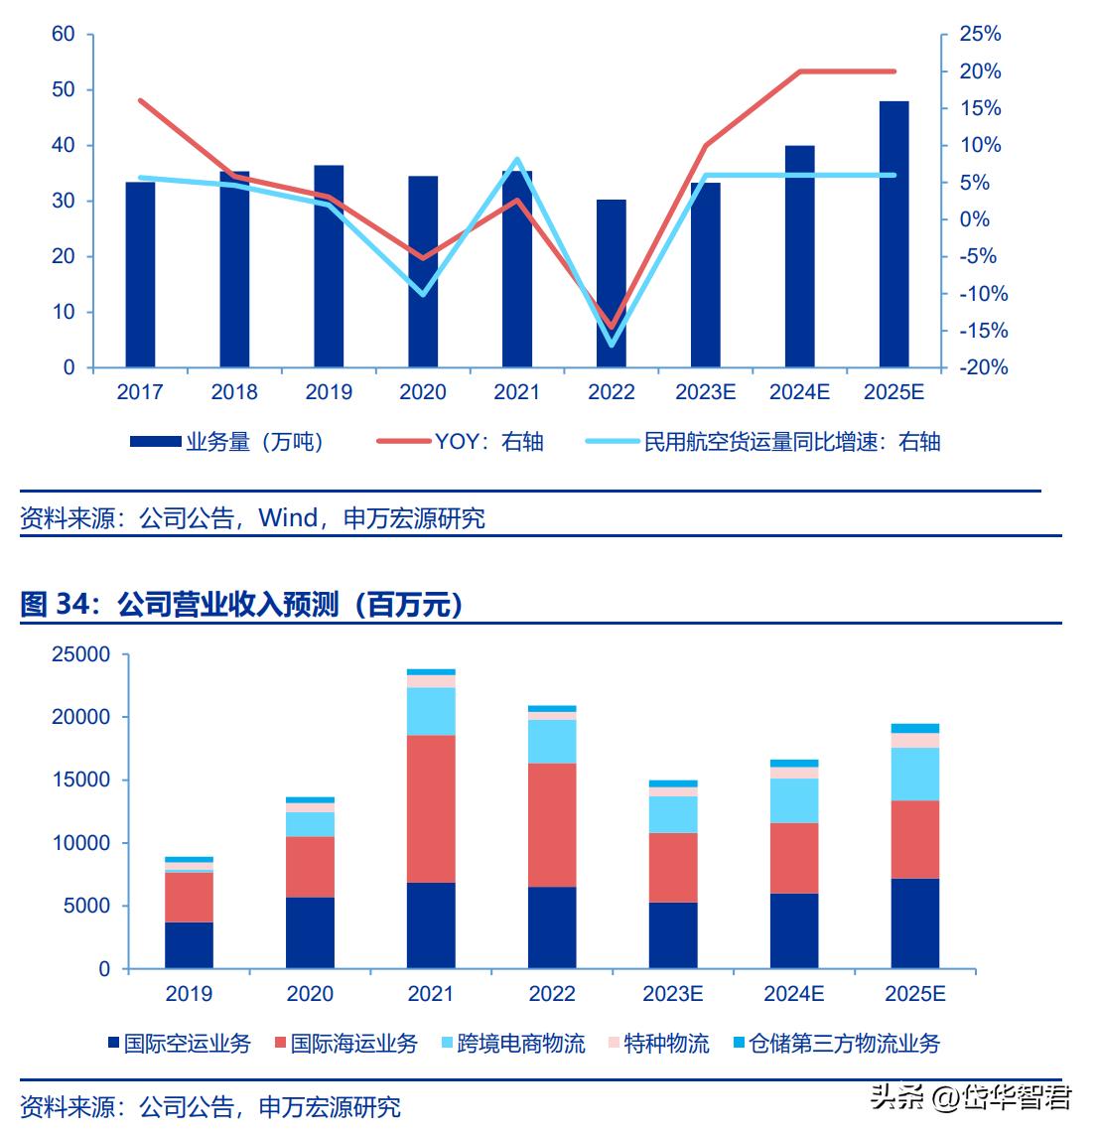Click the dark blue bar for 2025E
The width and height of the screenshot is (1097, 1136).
pyautogui.click(x=893, y=234)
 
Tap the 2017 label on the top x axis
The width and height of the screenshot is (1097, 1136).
pyautogui.click(x=140, y=392)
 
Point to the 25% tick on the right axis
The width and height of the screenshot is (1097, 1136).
pyautogui.click(x=979, y=35)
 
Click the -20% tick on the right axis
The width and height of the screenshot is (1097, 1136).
pyautogui.click(x=979, y=367)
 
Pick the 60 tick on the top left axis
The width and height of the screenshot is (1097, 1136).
pyautogui.click(x=64, y=35)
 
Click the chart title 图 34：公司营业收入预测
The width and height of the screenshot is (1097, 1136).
pyautogui.click(x=242, y=604)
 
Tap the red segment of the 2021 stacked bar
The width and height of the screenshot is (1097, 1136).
pyautogui.click(x=431, y=808)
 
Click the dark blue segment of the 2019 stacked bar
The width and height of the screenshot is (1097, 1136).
pyautogui.click(x=189, y=944)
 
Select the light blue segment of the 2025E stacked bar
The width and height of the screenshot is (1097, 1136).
pyautogui.click(x=914, y=774)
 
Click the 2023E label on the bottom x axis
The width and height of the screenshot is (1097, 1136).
pyautogui.click(x=673, y=994)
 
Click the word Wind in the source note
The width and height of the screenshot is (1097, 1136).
pyautogui.click(x=288, y=518)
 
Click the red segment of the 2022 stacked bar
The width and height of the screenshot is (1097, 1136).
pyautogui.click(x=552, y=824)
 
